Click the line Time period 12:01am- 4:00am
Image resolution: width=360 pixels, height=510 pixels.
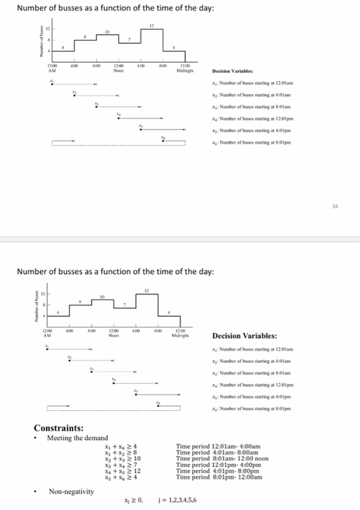pyautogui.click(x=218, y=444)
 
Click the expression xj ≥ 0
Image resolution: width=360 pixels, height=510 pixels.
pyautogui.click(x=135, y=499)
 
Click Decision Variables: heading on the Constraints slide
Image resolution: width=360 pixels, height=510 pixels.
pyautogui.click(x=244, y=336)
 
